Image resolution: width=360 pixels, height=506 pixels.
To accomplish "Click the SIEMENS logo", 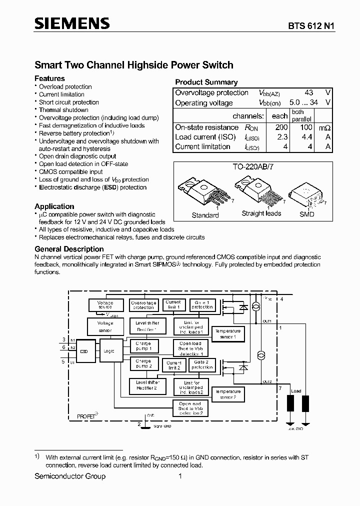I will (x=71, y=23).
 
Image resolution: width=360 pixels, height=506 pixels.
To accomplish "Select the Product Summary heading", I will (x=206, y=82).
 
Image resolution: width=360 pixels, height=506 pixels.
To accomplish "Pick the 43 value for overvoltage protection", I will (x=308, y=92).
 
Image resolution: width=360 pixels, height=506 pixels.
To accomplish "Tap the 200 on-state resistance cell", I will (x=281, y=127).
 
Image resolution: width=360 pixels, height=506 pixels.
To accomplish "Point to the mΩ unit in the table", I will (x=325, y=127).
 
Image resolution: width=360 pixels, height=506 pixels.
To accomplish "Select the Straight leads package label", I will (x=261, y=213).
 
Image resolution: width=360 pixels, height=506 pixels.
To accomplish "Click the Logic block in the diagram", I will (x=109, y=351).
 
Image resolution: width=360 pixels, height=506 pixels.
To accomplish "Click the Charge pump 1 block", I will (x=143, y=346).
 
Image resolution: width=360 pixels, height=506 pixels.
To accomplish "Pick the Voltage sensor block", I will (x=105, y=326).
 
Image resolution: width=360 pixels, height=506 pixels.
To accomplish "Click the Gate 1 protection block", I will (x=201, y=305).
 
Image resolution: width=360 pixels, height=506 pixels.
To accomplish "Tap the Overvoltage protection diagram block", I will (x=143, y=305).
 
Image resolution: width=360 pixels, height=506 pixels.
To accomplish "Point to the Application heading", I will (x=54, y=206).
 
